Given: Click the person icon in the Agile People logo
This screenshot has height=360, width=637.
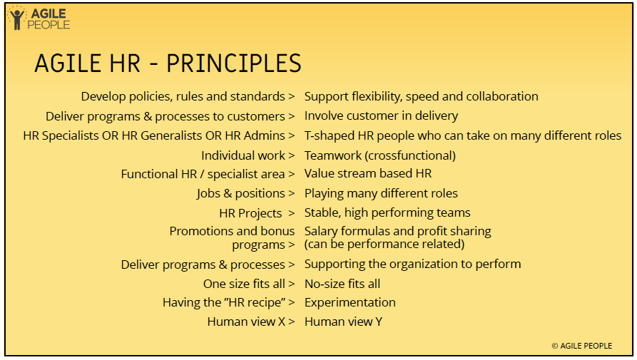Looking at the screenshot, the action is coord(17,19).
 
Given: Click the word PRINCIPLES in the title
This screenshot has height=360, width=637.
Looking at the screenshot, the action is coord(233,63).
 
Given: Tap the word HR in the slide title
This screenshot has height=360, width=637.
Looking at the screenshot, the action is coord(124,63).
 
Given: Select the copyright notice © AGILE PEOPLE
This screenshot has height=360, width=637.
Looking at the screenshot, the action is coord(582,346).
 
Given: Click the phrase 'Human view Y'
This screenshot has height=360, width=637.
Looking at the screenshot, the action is coord(343,322).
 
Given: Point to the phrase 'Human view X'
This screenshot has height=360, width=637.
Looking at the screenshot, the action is coord(246,322).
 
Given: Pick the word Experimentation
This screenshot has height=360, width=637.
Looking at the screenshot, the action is coord(350,302).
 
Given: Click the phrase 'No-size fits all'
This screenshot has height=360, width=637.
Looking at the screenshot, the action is coord(342,284).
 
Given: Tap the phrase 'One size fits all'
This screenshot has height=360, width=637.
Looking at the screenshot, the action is coord(244,284).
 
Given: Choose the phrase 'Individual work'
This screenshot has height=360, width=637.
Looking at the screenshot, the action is coord(243,155).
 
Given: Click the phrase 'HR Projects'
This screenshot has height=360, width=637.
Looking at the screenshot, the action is coord(250,213).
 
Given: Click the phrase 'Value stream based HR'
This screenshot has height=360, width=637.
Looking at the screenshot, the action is coord(368,173).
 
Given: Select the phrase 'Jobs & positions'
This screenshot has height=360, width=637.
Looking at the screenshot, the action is coord(241,194).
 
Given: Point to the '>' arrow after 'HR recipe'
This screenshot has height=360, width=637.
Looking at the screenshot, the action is coord(291,302).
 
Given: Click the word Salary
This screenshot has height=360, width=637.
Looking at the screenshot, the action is coord(321,232).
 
